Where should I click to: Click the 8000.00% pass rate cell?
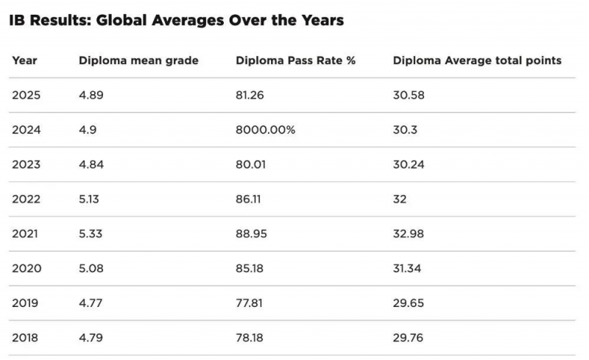[x=265, y=130]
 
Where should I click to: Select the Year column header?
[x=24, y=60]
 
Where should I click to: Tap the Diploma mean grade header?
[x=138, y=60]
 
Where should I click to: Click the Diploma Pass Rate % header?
[x=296, y=60]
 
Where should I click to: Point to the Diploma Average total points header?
[x=477, y=60]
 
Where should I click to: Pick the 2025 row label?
[x=26, y=95]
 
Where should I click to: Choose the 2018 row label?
[x=25, y=337]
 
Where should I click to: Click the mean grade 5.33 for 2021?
[x=91, y=233]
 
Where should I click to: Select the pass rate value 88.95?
[x=251, y=233]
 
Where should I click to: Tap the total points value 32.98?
[x=409, y=233]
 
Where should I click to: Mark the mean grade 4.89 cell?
[x=91, y=95]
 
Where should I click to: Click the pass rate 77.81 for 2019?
[x=249, y=303]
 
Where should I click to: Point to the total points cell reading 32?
[x=400, y=200]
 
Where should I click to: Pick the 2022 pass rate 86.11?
[x=248, y=200]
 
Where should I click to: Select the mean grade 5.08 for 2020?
[x=91, y=268]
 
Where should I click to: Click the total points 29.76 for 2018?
[x=408, y=337]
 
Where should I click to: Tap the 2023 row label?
[x=26, y=165]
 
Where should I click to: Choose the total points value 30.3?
[x=405, y=130]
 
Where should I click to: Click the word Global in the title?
[x=121, y=21]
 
